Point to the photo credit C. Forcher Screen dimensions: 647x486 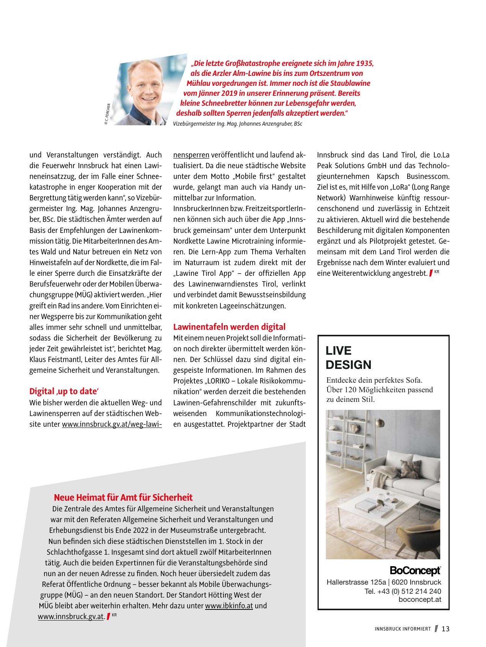point(108,113)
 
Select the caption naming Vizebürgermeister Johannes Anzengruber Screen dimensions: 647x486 point(237,124)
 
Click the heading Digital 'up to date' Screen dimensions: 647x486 point(64,391)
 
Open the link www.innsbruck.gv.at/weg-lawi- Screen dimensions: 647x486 point(112,424)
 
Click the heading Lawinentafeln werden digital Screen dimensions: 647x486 point(229,327)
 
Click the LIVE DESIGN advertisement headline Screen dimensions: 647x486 point(348,357)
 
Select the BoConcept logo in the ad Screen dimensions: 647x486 point(415,571)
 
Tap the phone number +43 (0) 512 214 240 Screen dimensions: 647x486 point(403,591)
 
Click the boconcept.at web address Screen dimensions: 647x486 point(419,599)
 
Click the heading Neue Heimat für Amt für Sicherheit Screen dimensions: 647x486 point(123,497)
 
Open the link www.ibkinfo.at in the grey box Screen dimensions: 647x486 point(229,606)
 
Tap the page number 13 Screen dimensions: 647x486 point(445,629)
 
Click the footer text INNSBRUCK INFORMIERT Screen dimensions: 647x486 point(403,629)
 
